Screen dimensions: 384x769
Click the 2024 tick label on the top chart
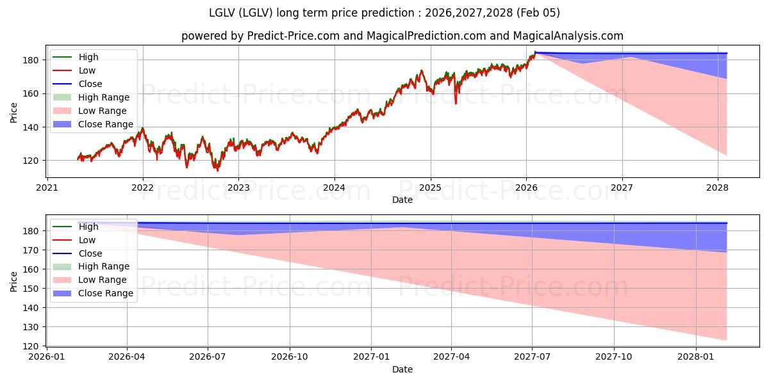tap(334, 188)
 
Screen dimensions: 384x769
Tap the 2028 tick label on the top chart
tap(718, 188)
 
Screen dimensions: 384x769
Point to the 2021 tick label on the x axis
tap(47, 188)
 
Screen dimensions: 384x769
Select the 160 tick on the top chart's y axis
tap(32, 93)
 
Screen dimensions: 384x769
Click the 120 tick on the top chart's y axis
tap(32, 161)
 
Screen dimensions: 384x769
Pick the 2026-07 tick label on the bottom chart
tap(208, 357)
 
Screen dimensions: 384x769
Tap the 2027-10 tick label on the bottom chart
tap(614, 357)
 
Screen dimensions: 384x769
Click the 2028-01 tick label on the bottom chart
tap(695, 357)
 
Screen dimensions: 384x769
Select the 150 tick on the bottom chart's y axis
tap(32, 289)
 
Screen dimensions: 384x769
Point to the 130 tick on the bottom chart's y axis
tap(32, 327)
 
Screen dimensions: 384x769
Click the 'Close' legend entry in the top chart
tap(90, 84)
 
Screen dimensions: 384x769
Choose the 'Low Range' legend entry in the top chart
tap(103, 111)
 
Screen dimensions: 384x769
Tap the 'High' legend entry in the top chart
tap(88, 57)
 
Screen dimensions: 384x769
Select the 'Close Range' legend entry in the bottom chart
tap(106, 293)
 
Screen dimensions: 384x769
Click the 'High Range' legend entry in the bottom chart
tap(104, 266)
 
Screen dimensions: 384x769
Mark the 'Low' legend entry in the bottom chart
tap(87, 240)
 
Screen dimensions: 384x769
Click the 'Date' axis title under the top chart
tap(402, 200)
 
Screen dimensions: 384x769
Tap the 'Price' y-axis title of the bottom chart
tap(14, 281)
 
